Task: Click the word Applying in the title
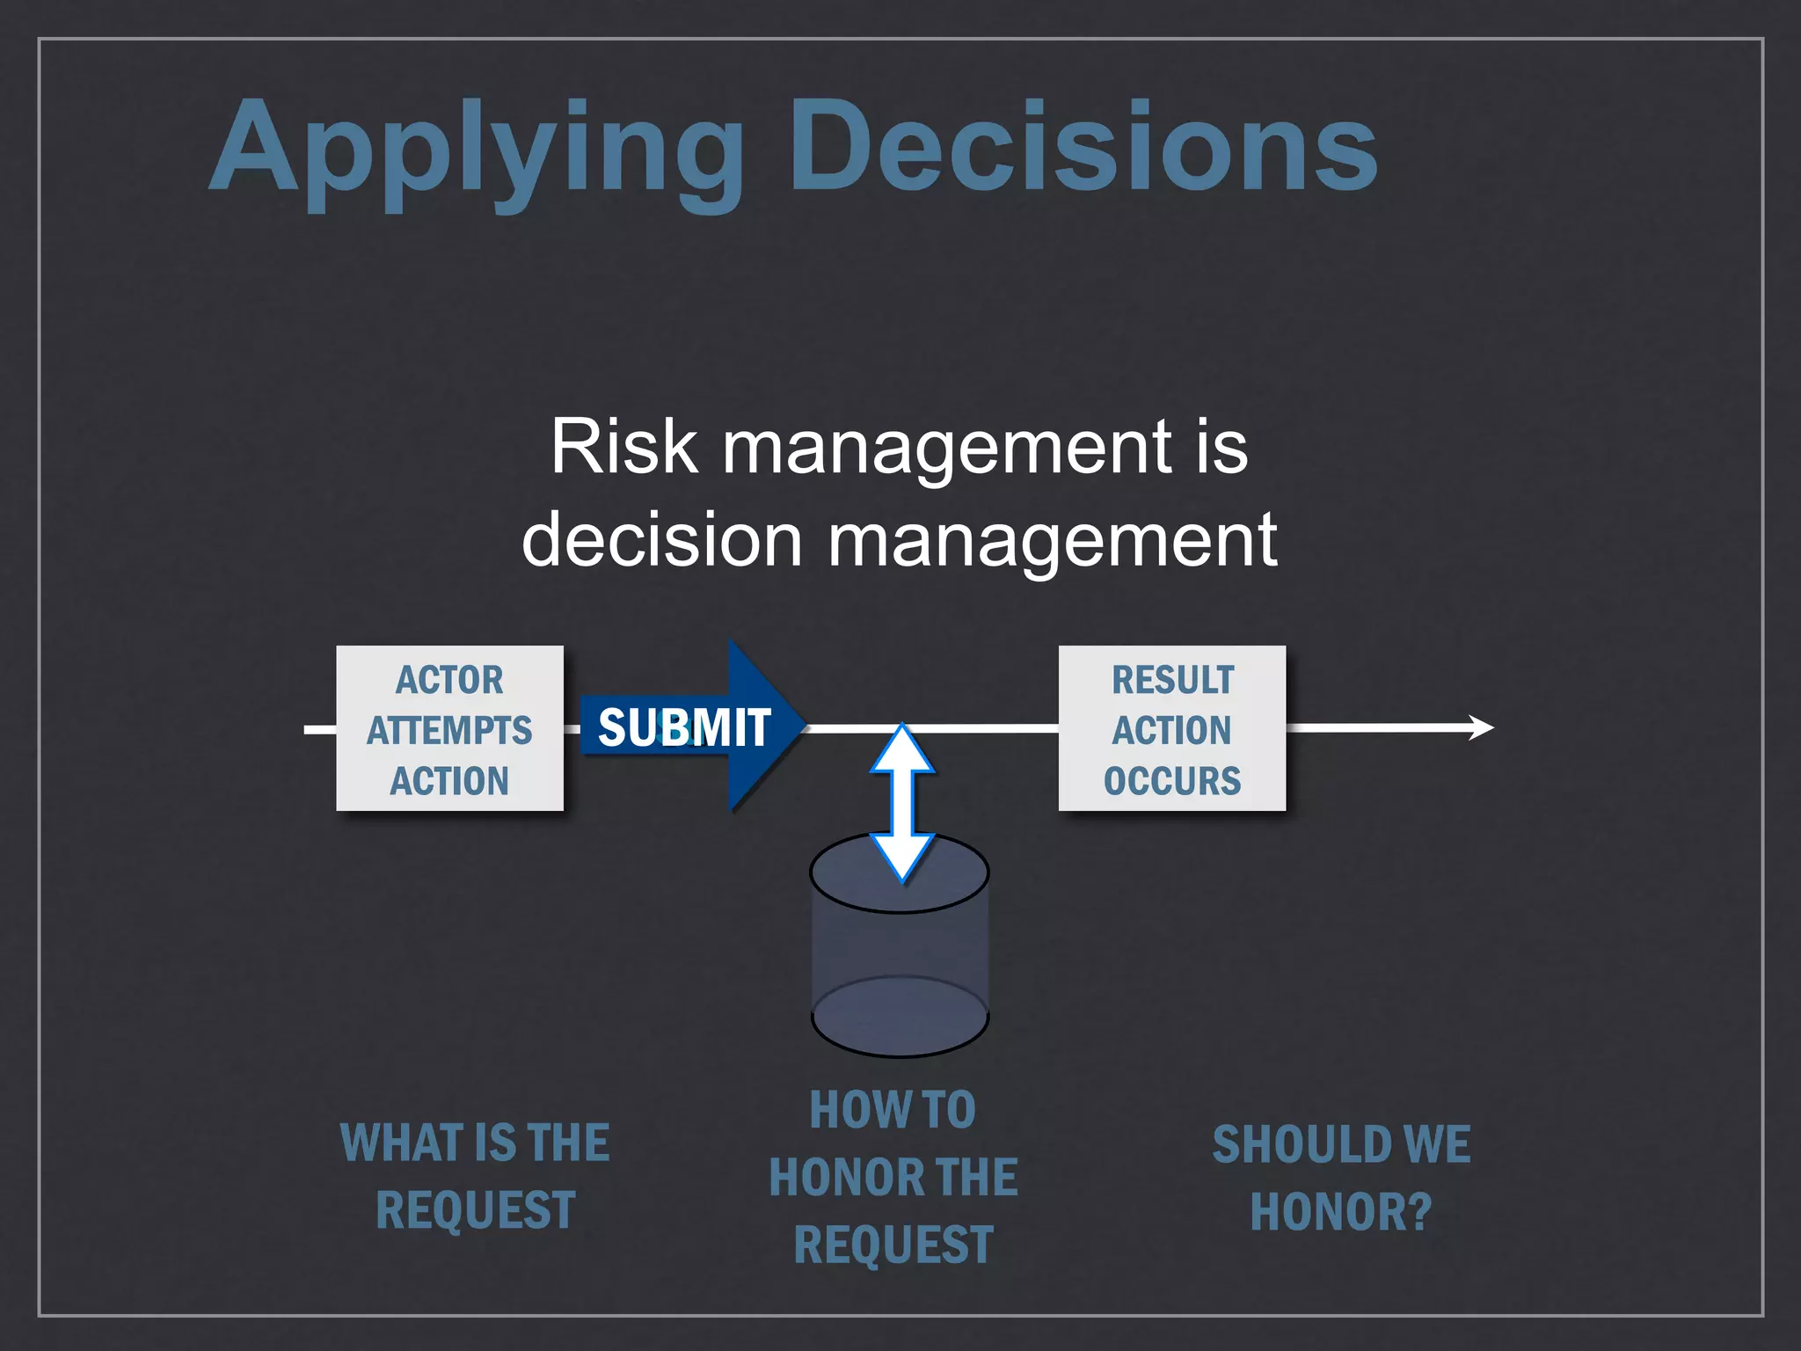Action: pos(475,150)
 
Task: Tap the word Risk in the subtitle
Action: pos(623,447)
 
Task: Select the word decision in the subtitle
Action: pos(661,539)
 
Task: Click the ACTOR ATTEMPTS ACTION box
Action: pos(449,728)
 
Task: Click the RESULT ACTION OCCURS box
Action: pos(1171,728)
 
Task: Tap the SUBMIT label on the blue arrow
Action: pos(684,728)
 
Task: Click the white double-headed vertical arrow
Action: pos(902,802)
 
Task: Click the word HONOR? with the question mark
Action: pos(1341,1212)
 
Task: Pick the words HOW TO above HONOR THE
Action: pos(893,1110)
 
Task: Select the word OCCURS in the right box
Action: pos(1171,781)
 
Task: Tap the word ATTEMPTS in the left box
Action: pos(449,731)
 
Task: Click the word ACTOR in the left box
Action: pos(449,680)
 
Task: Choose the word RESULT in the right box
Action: pos(1172,680)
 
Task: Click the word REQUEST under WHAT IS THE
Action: pos(475,1210)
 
